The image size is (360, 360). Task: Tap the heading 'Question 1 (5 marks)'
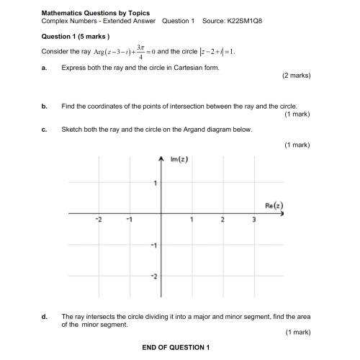click(x=75, y=37)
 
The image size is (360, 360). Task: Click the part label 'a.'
click(x=45, y=68)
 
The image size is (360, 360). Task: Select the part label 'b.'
click(x=45, y=106)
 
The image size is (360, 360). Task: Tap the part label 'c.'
click(x=45, y=130)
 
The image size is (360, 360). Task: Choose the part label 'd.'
click(x=45, y=316)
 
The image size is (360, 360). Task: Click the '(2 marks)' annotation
click(x=296, y=75)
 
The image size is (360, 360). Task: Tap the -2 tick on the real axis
click(x=99, y=220)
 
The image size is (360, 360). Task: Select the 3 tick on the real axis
click(x=253, y=220)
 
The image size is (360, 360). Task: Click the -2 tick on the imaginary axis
click(x=152, y=276)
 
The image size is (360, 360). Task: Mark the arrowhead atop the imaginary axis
click(x=161, y=158)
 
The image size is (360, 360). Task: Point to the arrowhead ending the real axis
click(x=282, y=214)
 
